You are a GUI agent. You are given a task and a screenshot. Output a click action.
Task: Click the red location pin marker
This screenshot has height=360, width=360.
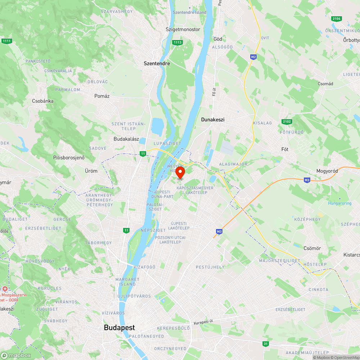pyautogui.click(x=180, y=172)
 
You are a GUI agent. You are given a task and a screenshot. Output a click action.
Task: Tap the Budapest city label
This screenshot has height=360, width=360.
pyautogui.click(x=119, y=328)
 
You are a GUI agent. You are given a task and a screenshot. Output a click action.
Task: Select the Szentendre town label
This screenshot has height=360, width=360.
pyautogui.click(x=157, y=63)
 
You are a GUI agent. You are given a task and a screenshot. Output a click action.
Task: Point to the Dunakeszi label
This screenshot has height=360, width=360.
pyautogui.click(x=213, y=120)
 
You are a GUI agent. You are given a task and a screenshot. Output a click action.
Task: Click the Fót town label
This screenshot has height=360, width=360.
pyautogui.click(x=285, y=149)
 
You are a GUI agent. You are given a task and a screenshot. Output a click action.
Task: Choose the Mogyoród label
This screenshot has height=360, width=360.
pyautogui.click(x=327, y=171)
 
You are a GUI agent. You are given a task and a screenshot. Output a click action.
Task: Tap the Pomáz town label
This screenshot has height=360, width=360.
pyautogui.click(x=102, y=96)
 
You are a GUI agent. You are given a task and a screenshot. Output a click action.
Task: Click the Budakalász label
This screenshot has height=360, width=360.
pyautogui.click(x=126, y=139)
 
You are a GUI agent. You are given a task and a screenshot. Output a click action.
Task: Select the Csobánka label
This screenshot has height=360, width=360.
pyautogui.click(x=43, y=101)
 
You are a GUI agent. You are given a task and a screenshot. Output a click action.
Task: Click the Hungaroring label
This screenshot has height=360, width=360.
pyautogui.click(x=339, y=203)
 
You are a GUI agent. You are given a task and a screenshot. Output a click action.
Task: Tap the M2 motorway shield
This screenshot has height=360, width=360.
pyautogui.click(x=254, y=57)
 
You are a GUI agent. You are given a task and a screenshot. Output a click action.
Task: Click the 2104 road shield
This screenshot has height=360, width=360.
pyautogui.click(x=337, y=18)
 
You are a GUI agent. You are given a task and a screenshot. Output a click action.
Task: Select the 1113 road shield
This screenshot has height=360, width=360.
pyautogui.click(x=177, y=42)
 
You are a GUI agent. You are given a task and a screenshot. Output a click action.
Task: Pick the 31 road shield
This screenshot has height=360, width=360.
pyautogui.click(x=265, y=344)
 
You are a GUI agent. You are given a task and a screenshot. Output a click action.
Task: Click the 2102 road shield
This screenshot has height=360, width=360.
pyautogui.click(x=287, y=122)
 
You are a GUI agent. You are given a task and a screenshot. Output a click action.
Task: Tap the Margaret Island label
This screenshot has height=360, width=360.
pyautogui.click(x=127, y=282)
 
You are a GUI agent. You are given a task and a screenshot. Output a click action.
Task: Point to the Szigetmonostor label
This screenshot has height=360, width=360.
pyautogui.click(x=183, y=29)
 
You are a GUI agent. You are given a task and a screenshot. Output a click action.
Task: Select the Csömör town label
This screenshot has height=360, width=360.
pyautogui.click(x=312, y=248)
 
